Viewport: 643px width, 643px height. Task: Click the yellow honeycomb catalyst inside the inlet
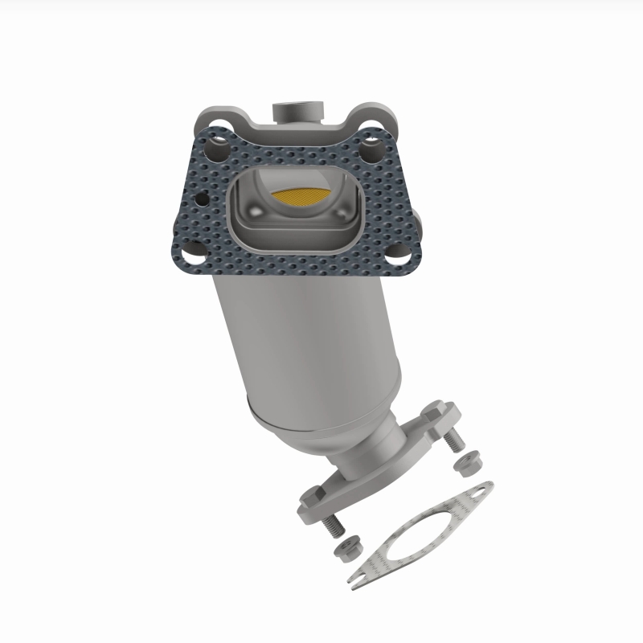pos(300,195)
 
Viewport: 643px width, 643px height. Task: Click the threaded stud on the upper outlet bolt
pos(454,440)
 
